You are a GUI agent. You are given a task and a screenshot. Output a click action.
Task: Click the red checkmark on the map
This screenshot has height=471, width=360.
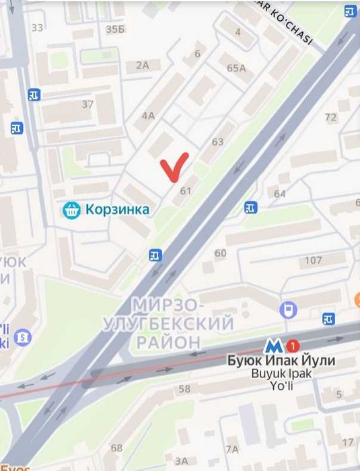[174, 167]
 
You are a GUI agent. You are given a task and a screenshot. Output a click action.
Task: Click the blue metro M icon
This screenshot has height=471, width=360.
[273, 347]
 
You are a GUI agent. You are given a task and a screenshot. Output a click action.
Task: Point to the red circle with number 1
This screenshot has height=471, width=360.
[292, 346]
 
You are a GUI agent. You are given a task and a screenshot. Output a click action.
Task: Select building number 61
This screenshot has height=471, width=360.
[186, 191]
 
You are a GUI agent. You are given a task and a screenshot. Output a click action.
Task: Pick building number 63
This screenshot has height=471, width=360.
[217, 142]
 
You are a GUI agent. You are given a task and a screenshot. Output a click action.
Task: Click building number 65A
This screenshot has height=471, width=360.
[236, 68]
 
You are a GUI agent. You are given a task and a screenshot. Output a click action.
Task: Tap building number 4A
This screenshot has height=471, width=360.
[148, 115]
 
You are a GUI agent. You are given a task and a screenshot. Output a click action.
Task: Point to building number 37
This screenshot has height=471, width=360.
[87, 104]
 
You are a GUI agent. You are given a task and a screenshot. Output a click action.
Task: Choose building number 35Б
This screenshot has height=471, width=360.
[115, 28]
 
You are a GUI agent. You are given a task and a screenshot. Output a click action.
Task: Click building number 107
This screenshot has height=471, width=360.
[314, 260]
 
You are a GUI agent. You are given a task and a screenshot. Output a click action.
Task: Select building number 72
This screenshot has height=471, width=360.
[330, 117]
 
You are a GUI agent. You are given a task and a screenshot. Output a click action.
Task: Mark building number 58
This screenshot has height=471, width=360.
[184, 388]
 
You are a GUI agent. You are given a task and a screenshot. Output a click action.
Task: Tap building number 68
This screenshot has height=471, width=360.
[117, 447]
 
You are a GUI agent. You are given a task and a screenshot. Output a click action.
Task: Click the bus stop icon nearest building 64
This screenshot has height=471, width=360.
[251, 208]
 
